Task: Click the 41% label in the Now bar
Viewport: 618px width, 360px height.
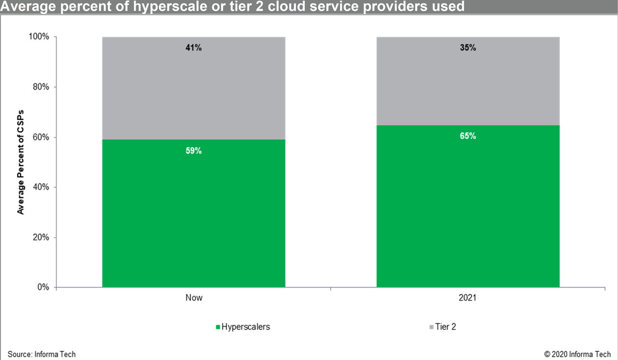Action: click(x=194, y=48)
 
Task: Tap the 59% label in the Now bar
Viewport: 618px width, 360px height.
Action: click(x=194, y=151)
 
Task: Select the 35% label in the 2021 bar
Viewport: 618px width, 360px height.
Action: click(x=468, y=48)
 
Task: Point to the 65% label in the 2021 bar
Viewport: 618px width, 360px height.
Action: click(x=468, y=136)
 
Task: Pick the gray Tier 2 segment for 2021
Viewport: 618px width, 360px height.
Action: click(x=468, y=87)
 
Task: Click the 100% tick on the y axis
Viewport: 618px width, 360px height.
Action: click(x=39, y=37)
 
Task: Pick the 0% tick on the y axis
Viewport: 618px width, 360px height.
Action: click(x=43, y=288)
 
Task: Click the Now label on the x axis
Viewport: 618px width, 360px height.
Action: click(x=194, y=298)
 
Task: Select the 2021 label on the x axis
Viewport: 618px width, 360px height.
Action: click(x=468, y=298)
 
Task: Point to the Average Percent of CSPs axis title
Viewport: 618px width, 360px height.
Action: click(x=20, y=162)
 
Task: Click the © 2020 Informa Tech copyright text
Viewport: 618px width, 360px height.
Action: click(x=577, y=354)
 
